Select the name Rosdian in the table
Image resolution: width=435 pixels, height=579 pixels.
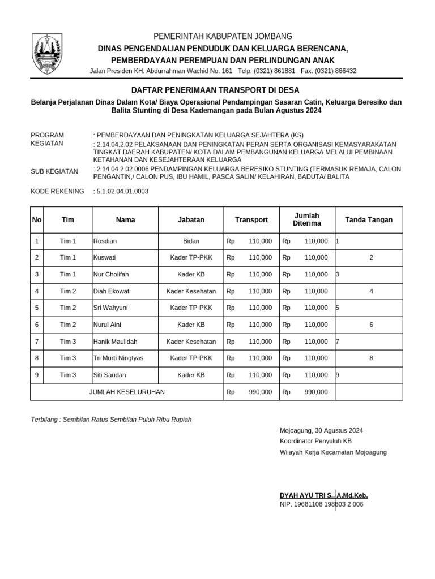105,241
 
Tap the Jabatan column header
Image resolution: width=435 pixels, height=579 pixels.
191,220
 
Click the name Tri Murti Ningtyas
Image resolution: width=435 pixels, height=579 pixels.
118,358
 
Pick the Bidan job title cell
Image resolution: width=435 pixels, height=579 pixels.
191,241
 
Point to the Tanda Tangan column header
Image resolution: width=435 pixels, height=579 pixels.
369,220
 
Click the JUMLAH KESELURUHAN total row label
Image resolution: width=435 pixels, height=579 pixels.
127,392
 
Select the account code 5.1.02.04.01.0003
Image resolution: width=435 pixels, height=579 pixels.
122,192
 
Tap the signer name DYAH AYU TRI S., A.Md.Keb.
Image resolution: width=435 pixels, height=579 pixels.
323,495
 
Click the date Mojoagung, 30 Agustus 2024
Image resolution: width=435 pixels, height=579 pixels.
321,431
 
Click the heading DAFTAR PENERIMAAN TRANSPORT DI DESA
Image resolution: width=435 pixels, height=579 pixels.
215,90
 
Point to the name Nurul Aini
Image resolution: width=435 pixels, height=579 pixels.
107,325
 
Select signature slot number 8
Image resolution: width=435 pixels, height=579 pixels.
371,358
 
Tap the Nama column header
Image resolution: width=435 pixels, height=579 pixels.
125,220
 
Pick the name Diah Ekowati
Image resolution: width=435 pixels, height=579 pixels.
112,292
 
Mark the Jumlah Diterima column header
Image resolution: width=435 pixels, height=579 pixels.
306,219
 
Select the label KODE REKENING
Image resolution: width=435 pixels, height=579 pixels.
57,192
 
